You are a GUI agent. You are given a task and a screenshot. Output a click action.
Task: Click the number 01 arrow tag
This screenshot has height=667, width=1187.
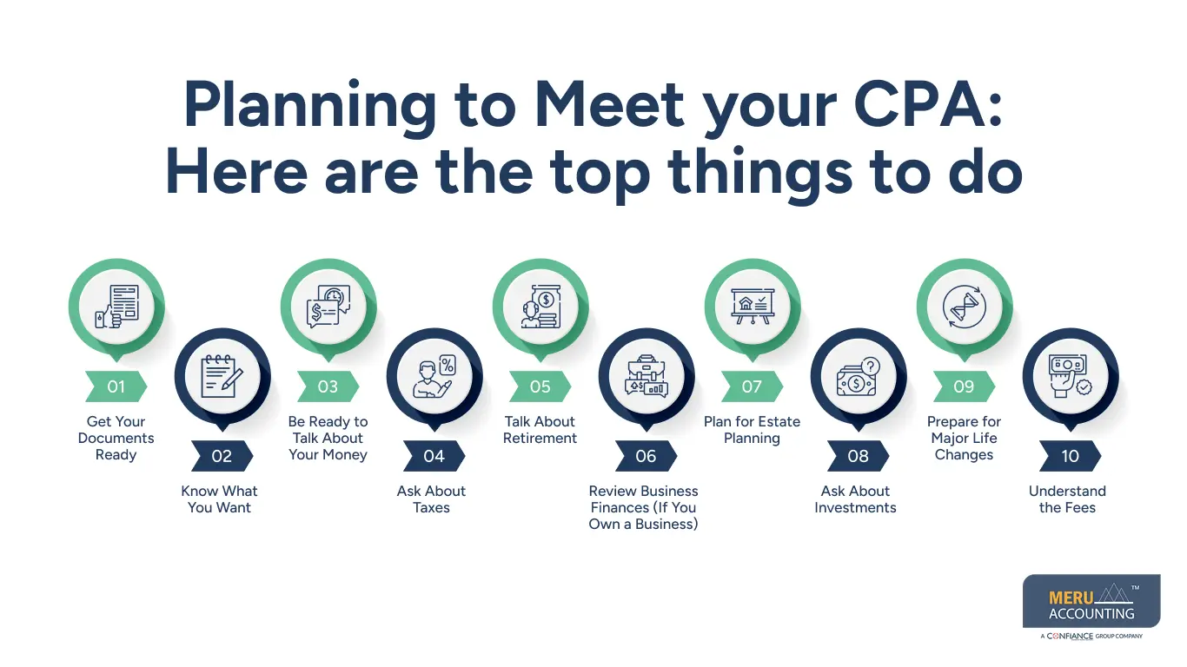[116, 386]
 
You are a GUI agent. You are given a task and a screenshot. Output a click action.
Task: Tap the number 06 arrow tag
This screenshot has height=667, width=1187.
[646, 456]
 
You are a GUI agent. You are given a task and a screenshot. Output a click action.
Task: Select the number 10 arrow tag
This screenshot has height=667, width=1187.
[1070, 456]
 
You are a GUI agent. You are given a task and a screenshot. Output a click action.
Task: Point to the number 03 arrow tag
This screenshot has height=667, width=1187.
[328, 386]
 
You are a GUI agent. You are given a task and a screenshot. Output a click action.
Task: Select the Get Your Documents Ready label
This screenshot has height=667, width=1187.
[116, 439]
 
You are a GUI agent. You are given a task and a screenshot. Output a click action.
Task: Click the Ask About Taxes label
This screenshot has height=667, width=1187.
[432, 499]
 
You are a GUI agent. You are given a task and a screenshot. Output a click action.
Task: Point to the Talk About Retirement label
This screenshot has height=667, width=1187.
[540, 430]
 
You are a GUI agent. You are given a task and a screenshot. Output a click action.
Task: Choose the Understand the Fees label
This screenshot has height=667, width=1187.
[1067, 499]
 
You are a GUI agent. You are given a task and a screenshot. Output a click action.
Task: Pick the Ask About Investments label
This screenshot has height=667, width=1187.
[855, 499]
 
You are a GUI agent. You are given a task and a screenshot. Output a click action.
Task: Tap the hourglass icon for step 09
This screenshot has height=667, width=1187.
[965, 307]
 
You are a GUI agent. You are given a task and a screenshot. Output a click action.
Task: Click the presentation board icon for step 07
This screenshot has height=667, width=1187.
[753, 307]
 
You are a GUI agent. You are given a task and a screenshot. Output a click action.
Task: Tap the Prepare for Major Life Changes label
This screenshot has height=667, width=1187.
[964, 439]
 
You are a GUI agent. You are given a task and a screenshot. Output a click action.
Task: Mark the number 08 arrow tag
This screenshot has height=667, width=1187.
[858, 456]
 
